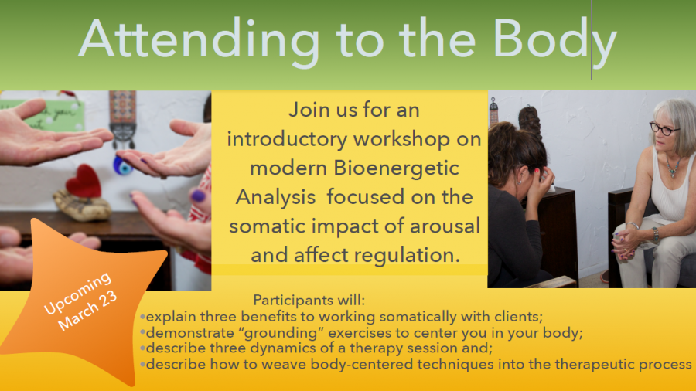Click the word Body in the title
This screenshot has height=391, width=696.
pos(554,41)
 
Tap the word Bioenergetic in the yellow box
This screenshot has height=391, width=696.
pos(397,168)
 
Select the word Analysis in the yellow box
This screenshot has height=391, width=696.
pos(275,197)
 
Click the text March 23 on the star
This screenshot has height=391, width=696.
pos(87,311)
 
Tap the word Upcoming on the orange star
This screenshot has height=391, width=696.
pos(77,293)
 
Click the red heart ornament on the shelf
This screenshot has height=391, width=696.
pos(84,182)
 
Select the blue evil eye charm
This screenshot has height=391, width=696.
pos(122,165)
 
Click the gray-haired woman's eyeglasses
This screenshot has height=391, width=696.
pos(664,128)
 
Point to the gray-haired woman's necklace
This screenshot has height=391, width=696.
pos(673,165)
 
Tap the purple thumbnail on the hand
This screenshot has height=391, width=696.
pos(198,195)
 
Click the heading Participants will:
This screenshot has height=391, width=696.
pos(309,300)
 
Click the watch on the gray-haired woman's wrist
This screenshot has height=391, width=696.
pos(656,234)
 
